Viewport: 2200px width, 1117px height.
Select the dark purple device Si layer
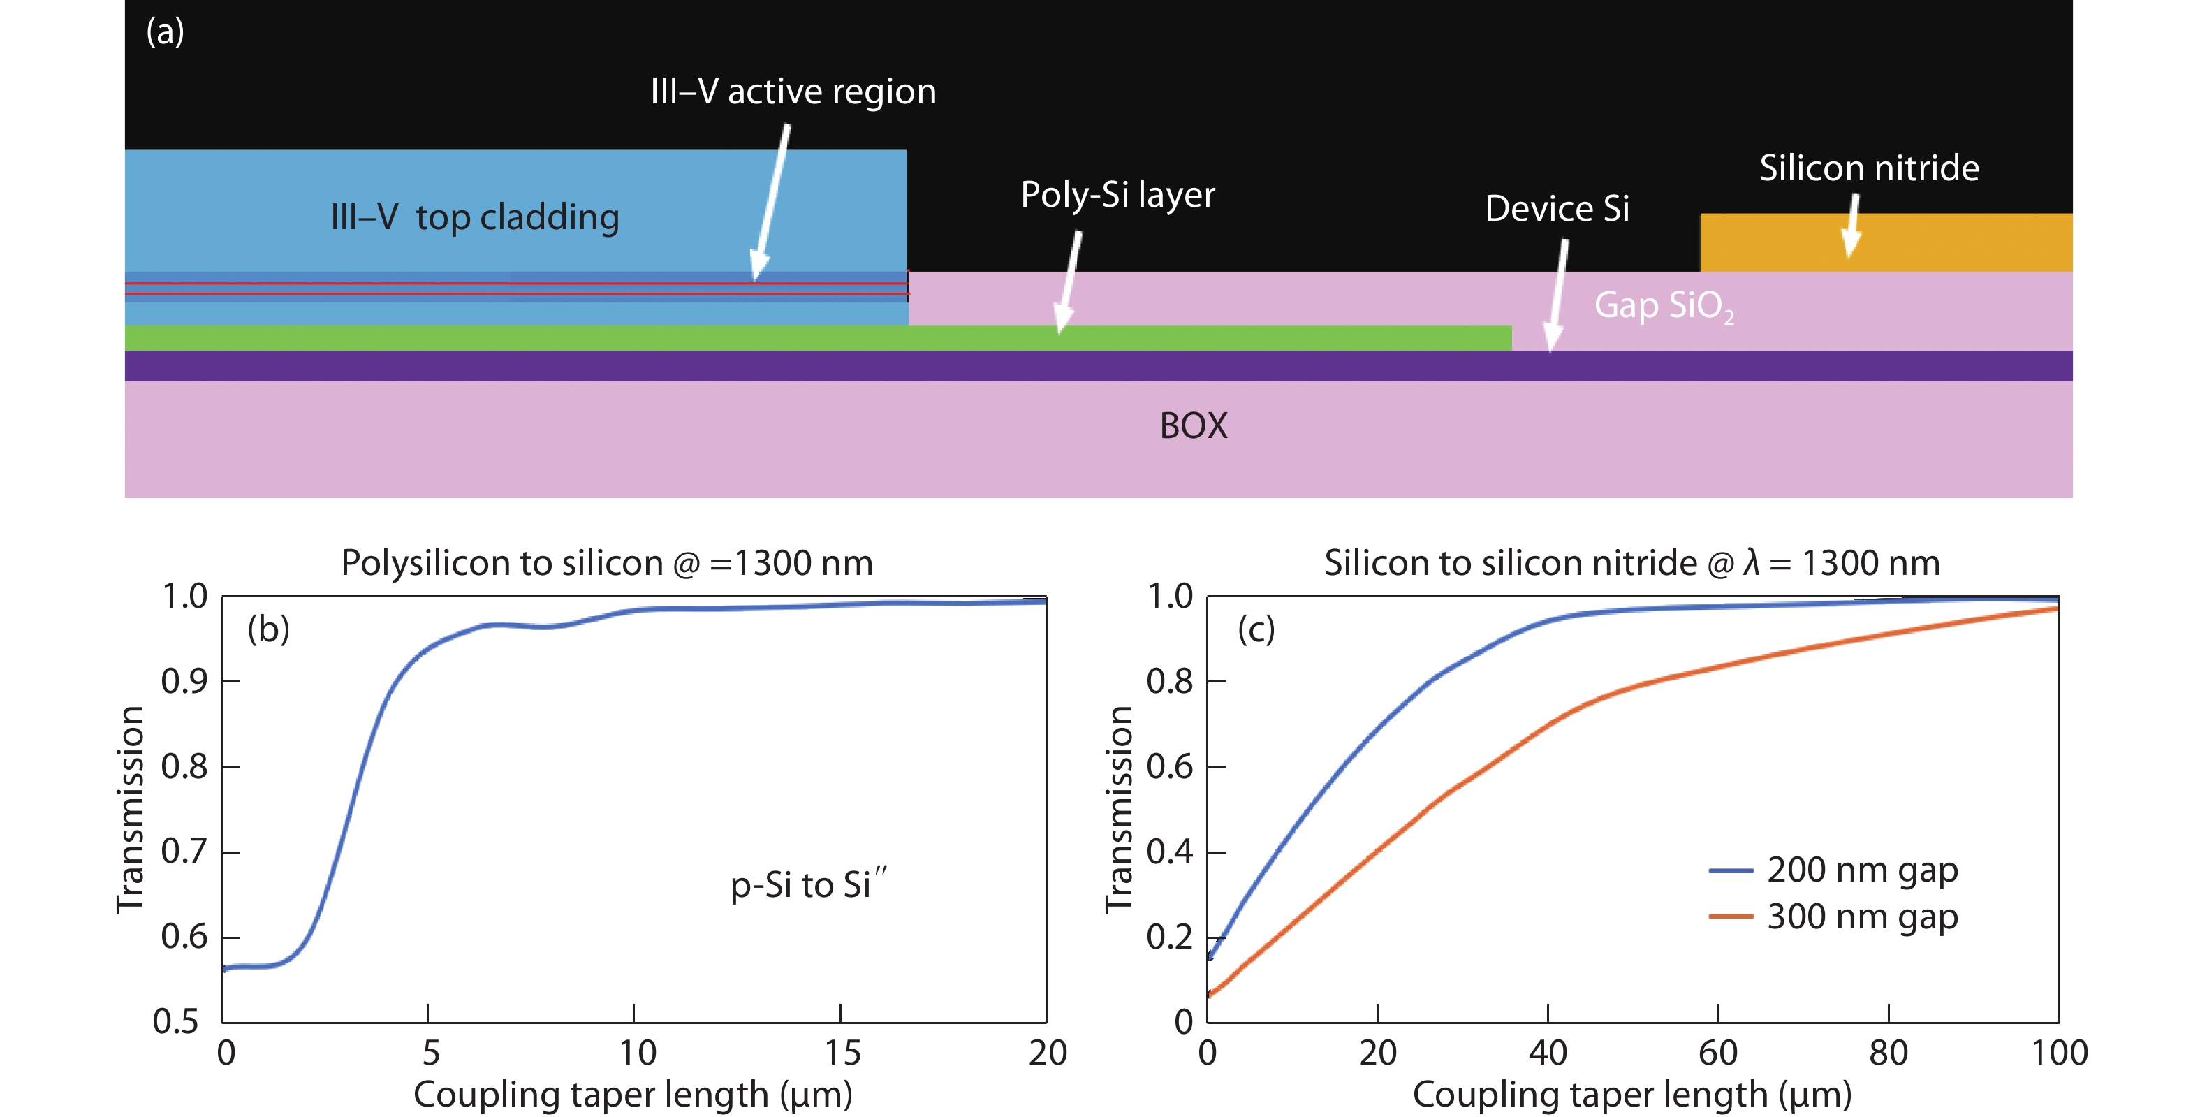pos(1025,365)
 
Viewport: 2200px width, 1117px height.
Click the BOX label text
pos(1193,426)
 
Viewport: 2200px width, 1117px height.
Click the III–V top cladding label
pos(475,218)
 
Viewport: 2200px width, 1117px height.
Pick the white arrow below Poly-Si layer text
pos(1069,282)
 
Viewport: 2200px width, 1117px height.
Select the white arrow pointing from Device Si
pos(1557,295)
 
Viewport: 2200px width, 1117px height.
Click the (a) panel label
pos(165,32)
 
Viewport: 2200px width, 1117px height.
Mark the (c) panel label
pos(1256,630)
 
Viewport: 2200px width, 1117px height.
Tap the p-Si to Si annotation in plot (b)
pos(808,884)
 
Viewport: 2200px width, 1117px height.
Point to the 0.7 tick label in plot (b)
pos(184,852)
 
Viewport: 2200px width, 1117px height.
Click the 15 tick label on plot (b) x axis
pos(842,1053)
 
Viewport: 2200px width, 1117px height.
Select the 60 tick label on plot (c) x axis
pos(1717,1053)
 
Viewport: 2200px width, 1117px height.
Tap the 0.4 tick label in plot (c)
pos(1169,852)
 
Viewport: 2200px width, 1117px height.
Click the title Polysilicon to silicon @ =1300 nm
pos(606,564)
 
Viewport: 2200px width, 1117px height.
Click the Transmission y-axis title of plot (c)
pos(1118,810)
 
